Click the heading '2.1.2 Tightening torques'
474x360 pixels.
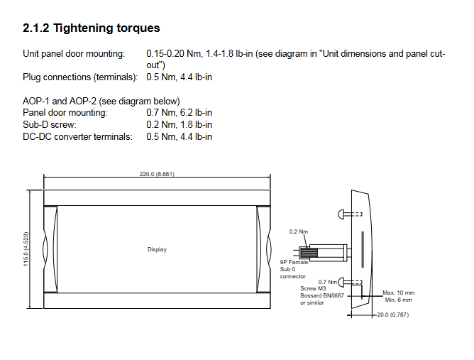92,28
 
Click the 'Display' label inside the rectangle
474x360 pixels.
157,249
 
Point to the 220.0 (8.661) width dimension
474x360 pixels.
157,174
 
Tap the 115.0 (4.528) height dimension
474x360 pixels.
26,249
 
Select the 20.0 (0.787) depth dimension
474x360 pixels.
392,315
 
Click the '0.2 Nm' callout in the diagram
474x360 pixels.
298,231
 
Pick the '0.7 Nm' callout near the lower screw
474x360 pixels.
327,282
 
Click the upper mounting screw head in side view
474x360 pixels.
341,214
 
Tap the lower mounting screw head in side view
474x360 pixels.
341,283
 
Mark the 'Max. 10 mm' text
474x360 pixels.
398,293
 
